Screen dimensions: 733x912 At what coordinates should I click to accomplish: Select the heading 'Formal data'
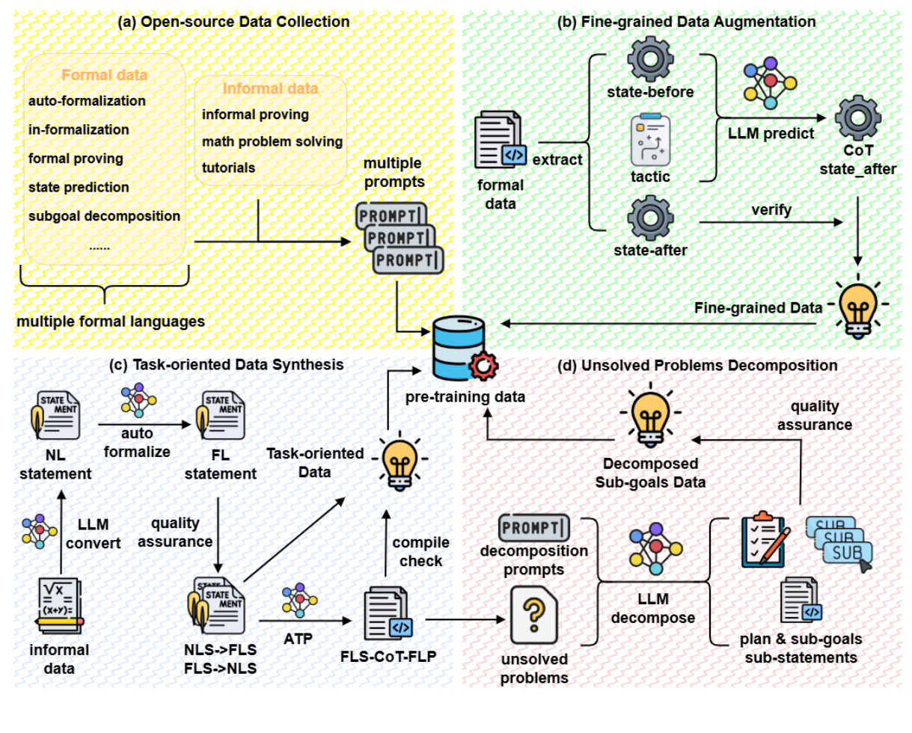pos(104,76)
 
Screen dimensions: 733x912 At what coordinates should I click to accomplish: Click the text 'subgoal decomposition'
pos(104,216)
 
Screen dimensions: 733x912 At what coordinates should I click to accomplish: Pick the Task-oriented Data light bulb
pos(396,460)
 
